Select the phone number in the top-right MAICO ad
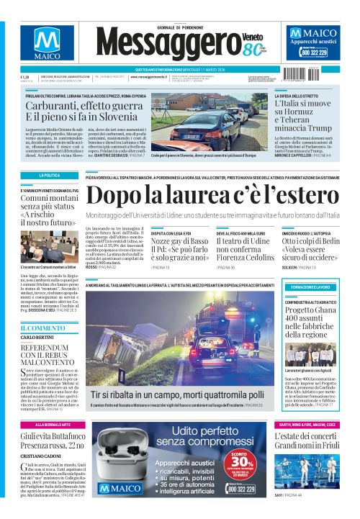click(314, 53)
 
